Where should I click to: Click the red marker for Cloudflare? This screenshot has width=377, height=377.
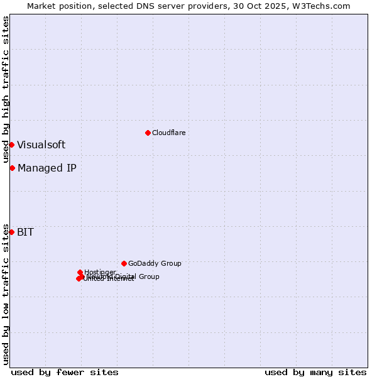click(148, 133)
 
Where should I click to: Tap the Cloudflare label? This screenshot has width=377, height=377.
click(168, 133)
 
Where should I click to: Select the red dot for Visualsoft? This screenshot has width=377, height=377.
click(11, 145)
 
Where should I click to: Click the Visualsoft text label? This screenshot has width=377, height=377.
click(41, 145)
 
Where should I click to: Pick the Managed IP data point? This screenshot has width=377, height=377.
click(12, 168)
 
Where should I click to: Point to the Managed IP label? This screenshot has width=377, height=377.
click(47, 168)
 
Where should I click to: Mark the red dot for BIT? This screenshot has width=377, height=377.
click(11, 232)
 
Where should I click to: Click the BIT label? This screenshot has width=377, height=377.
click(25, 232)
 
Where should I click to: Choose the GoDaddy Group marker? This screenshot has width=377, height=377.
click(124, 263)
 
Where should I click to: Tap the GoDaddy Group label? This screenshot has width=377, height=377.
click(154, 263)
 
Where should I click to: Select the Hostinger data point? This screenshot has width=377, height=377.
click(80, 272)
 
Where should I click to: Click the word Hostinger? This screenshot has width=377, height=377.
click(100, 272)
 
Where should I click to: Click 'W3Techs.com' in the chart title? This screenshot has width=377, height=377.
click(319, 6)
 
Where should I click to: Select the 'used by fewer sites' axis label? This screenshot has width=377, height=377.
click(65, 372)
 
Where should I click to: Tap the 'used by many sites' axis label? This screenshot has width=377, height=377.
click(315, 372)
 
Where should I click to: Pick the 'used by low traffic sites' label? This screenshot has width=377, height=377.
click(6, 294)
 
